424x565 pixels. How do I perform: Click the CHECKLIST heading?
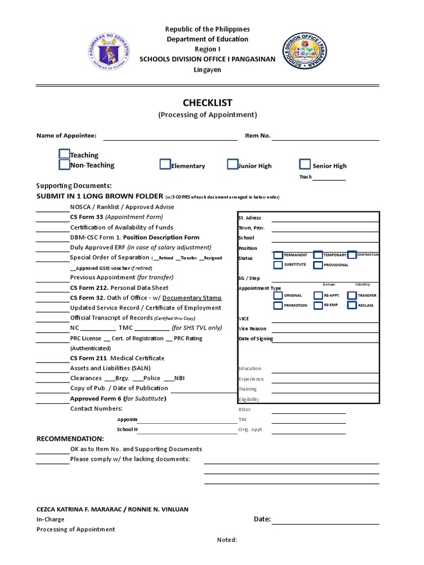208,103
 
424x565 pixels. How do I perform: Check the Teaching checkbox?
65,154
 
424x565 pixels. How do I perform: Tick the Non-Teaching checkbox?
65,164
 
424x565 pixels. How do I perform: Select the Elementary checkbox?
165,164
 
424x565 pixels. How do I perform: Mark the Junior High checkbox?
232,164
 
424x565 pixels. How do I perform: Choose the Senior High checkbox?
305,164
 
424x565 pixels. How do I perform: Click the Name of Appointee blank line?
170,136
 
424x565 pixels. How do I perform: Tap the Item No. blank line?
326,136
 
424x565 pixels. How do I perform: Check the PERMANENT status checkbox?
278,255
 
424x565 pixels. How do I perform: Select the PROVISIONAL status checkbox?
318,265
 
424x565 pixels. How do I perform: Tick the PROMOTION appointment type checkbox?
278,305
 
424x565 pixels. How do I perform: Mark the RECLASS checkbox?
352,305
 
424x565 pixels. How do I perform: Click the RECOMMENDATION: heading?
70,438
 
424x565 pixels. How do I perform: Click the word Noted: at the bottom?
227,540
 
